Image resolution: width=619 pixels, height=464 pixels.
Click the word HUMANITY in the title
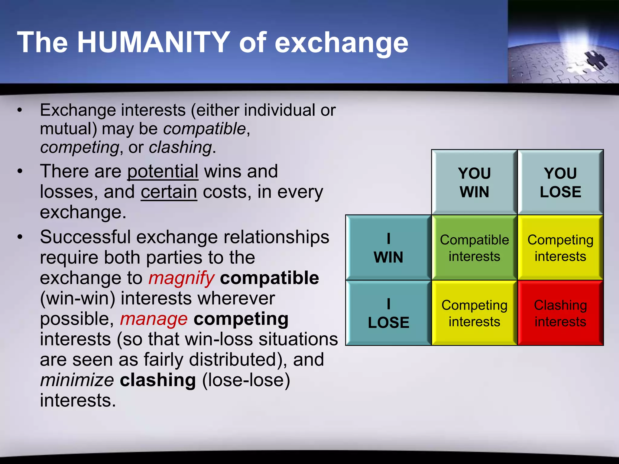(x=154, y=42)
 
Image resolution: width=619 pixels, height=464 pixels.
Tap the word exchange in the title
(x=341, y=43)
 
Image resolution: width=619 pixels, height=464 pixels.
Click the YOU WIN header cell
(x=474, y=182)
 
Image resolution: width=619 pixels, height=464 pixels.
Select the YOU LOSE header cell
(x=560, y=182)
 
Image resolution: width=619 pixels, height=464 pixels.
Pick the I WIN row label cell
(x=388, y=248)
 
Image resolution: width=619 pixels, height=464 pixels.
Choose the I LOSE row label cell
(x=388, y=313)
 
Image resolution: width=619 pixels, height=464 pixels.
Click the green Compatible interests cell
(x=474, y=248)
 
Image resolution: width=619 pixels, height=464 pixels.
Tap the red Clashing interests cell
(x=560, y=313)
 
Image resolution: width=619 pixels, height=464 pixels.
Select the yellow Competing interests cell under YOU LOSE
(x=560, y=248)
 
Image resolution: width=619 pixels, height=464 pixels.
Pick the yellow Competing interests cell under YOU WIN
(x=474, y=313)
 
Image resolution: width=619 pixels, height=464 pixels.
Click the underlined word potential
(x=163, y=171)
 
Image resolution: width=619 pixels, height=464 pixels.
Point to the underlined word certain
(x=169, y=192)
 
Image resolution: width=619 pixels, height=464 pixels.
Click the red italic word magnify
(x=181, y=278)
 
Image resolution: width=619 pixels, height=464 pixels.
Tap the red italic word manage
(x=154, y=319)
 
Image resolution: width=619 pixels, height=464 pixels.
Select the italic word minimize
(x=77, y=380)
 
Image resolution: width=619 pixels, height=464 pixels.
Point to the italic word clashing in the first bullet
(x=180, y=147)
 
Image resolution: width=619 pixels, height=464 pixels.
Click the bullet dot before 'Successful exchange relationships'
(x=20, y=237)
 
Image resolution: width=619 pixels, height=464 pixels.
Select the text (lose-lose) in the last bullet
(x=246, y=380)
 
